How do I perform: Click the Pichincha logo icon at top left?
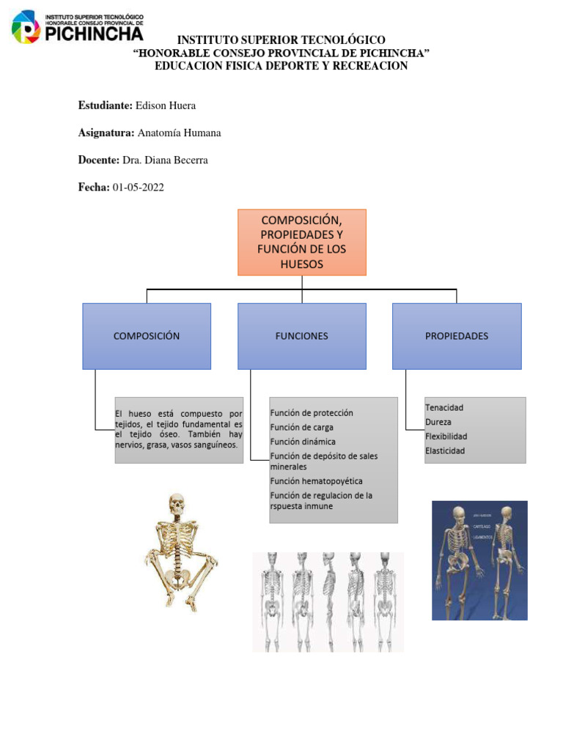[27, 27]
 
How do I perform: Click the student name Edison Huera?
[166, 105]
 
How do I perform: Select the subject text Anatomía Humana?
[180, 133]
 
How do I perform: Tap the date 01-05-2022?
[139, 187]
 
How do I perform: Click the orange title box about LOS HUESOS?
[301, 242]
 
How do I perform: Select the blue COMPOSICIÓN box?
[147, 336]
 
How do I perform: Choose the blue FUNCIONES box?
[301, 336]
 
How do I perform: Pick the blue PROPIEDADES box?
[457, 336]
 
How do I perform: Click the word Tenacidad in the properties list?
[444, 407]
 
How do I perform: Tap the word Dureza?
[438, 422]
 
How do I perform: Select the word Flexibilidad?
[446, 437]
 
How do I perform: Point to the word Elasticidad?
[445, 451]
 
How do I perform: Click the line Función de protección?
[311, 413]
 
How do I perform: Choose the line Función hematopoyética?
[316, 481]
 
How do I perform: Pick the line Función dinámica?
[303, 442]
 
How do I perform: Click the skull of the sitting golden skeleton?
[177, 505]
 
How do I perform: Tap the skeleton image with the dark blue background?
[479, 560]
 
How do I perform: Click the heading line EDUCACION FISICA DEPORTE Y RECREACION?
[281, 66]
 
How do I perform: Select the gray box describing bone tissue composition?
[179, 430]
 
